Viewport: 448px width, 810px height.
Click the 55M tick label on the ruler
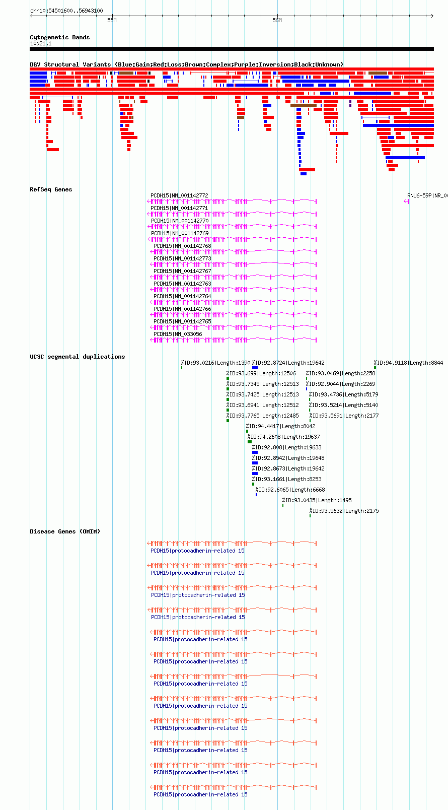click(112, 20)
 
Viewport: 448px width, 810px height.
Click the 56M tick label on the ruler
click(277, 20)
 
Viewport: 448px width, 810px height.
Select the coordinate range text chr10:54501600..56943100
click(66, 11)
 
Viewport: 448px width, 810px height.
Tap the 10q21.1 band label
click(41, 43)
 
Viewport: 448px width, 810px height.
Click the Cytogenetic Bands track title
click(59, 37)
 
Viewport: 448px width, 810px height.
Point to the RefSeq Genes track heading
click(51, 189)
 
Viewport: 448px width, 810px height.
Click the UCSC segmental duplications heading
click(78, 357)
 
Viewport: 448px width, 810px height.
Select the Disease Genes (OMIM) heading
click(65, 531)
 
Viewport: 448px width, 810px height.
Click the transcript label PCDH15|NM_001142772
click(179, 195)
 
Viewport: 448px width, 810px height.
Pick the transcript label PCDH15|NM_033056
click(178, 334)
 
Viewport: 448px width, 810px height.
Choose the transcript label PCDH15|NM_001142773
click(182, 258)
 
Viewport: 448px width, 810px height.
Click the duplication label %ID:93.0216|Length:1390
click(215, 363)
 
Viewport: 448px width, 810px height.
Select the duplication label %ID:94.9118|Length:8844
click(408, 363)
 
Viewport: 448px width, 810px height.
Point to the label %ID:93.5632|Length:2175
click(344, 511)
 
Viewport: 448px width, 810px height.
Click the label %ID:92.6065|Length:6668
click(290, 490)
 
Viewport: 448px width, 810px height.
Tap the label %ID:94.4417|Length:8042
click(280, 426)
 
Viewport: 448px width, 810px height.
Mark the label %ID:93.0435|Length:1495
click(317, 500)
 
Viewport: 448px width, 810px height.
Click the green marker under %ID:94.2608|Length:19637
click(250, 442)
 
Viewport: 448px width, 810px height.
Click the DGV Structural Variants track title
click(186, 64)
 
